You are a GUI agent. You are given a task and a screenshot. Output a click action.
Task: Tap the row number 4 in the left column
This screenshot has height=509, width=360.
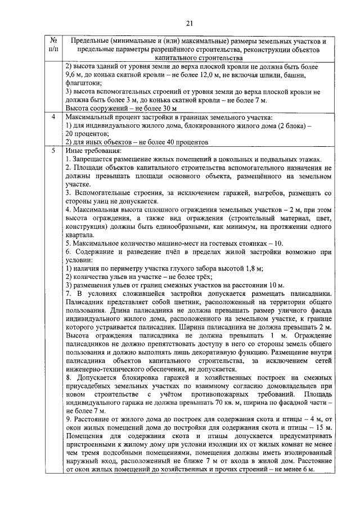coord(52,117)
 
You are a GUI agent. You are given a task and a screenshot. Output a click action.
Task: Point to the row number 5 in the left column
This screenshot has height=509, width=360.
coord(52,151)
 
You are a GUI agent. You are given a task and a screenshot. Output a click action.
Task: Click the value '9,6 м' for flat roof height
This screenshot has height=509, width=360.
coord(74,74)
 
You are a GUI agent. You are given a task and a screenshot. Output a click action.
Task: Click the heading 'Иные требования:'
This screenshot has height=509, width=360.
coord(93,151)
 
